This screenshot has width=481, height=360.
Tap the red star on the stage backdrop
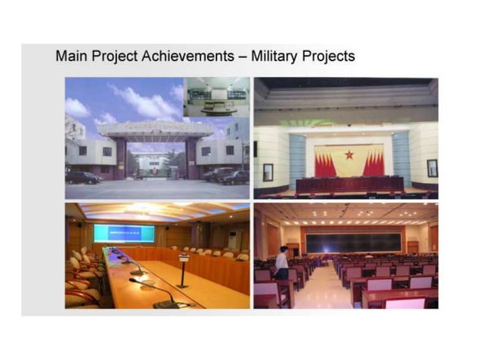point(348,154)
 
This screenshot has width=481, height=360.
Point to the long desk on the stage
point(349,185)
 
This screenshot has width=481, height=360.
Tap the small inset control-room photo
point(217,96)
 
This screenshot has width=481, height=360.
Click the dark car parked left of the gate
point(83,178)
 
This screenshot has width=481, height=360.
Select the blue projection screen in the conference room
point(124,233)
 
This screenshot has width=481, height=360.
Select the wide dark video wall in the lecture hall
point(353,242)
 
